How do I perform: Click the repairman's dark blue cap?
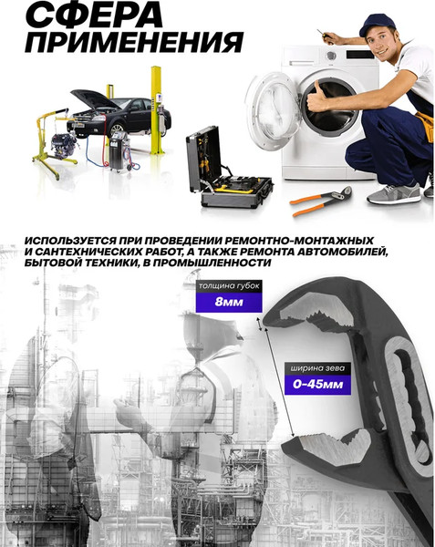[376, 23]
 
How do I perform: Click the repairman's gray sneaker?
[394, 193]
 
